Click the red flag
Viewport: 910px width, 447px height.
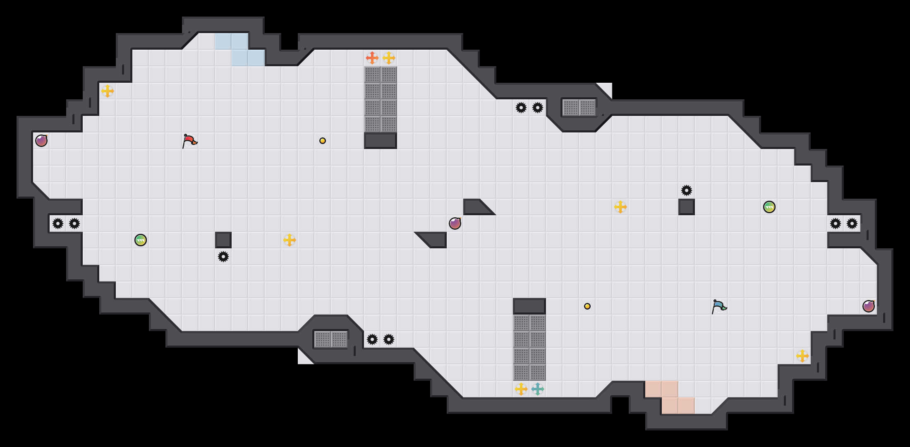tap(189, 141)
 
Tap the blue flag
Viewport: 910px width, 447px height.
tap(719, 306)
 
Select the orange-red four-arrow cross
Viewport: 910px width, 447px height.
tap(372, 58)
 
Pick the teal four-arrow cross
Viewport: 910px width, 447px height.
tap(537, 389)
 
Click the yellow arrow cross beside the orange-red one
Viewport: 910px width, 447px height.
tap(388, 58)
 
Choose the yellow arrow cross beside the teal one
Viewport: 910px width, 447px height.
tap(521, 389)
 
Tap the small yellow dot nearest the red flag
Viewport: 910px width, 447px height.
tap(323, 141)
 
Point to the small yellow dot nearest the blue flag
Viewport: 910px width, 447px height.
tap(587, 306)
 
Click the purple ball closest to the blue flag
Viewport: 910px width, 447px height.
tap(868, 306)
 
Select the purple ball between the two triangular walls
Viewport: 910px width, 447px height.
tap(455, 223)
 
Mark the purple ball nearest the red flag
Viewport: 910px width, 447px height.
tap(41, 141)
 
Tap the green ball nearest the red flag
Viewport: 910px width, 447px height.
tap(141, 240)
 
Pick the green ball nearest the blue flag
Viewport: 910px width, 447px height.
tap(769, 207)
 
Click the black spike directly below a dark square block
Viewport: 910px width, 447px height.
tap(223, 257)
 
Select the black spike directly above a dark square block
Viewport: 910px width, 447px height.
tap(686, 190)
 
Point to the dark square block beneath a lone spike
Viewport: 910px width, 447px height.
tap(686, 207)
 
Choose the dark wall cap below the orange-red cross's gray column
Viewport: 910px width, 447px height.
tap(380, 141)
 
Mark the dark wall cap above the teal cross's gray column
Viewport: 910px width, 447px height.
tap(529, 306)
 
